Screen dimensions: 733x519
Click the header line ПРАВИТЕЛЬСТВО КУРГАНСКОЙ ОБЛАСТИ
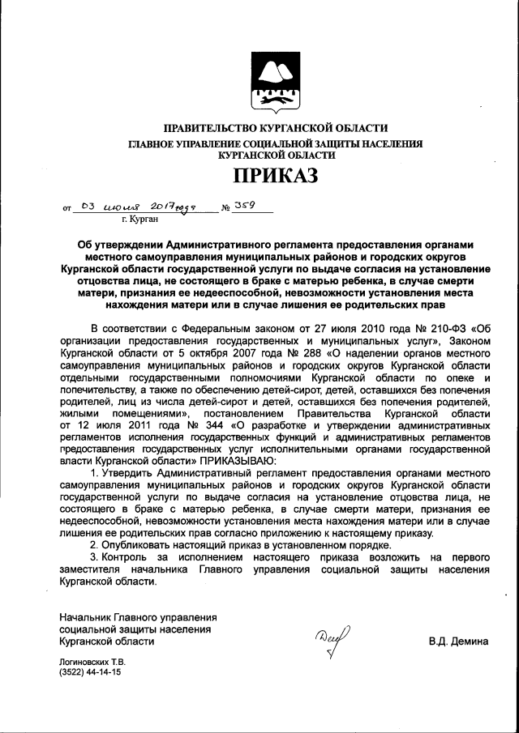pyautogui.click(x=276, y=128)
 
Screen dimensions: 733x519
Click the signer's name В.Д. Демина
pyautogui.click(x=458, y=641)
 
